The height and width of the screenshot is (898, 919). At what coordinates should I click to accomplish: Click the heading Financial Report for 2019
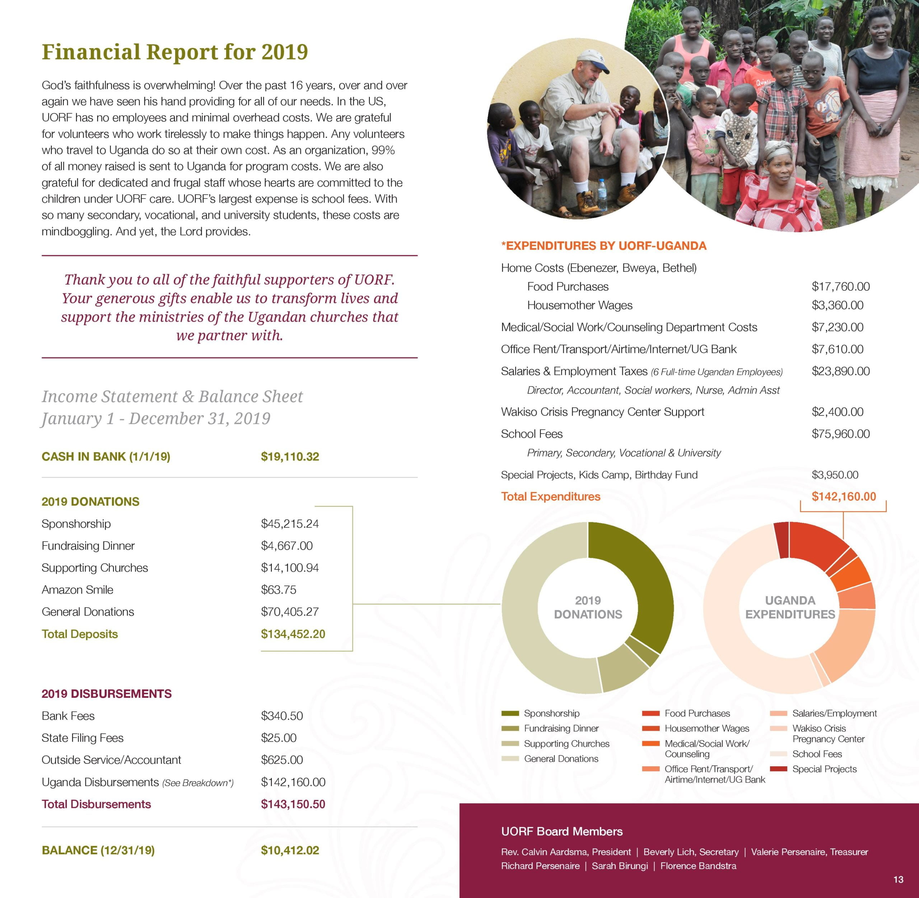174,52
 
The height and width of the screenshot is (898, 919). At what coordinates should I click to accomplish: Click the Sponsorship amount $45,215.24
290,524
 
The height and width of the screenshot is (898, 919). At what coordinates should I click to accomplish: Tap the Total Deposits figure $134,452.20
293,634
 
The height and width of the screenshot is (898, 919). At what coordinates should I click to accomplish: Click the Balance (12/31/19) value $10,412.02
290,850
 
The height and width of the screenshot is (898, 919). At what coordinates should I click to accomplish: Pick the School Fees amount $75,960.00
840,434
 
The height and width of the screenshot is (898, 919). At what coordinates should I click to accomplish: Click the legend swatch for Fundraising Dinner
510,728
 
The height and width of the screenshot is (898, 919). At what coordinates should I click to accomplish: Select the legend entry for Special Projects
824,769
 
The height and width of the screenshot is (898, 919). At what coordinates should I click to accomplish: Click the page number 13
898,879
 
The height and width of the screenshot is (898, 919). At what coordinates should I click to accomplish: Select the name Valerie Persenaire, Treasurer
809,852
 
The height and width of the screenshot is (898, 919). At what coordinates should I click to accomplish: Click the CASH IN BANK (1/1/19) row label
106,456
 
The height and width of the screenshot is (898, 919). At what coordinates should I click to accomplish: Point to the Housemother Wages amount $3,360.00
838,305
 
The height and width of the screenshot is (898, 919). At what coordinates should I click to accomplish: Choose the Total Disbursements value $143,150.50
293,804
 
